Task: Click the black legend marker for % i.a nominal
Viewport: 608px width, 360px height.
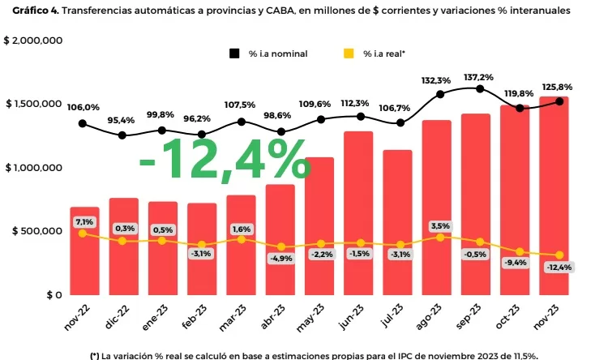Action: pyautogui.click(x=234, y=54)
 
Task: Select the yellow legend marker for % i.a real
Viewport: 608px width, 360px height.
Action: pyautogui.click(x=349, y=54)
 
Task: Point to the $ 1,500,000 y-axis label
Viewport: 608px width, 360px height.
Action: pyautogui.click(x=35, y=104)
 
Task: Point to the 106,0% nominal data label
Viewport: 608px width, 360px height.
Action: pyautogui.click(x=83, y=107)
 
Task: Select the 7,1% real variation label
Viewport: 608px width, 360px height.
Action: pyautogui.click(x=84, y=221)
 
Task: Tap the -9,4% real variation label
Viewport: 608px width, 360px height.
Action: pyautogui.click(x=515, y=262)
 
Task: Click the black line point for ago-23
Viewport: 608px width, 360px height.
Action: pyautogui.click(x=440, y=94)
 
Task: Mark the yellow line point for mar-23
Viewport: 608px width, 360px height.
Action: pyautogui.click(x=242, y=240)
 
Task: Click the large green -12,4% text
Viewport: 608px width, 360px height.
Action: pyautogui.click(x=224, y=160)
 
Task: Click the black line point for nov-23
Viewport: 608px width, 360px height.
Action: pyautogui.click(x=559, y=101)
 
